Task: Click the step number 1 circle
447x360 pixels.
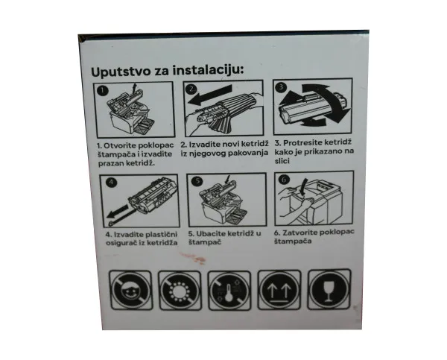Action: (x=103, y=91)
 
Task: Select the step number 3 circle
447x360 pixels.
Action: (x=281, y=86)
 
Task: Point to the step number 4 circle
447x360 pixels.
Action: (x=111, y=183)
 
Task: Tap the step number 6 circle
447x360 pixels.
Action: (x=284, y=180)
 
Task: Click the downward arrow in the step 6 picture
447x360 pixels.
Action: (x=304, y=187)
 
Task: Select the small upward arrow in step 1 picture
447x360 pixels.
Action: (x=135, y=86)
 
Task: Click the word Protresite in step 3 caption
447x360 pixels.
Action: (x=302, y=142)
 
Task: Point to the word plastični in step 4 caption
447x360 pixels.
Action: (x=161, y=235)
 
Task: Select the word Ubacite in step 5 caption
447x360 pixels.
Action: (x=210, y=233)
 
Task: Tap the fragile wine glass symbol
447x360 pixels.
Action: (x=329, y=289)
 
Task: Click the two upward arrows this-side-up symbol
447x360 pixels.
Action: (x=279, y=290)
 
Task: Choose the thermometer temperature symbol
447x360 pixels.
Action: (x=229, y=291)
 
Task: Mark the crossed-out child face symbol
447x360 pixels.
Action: (x=130, y=291)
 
